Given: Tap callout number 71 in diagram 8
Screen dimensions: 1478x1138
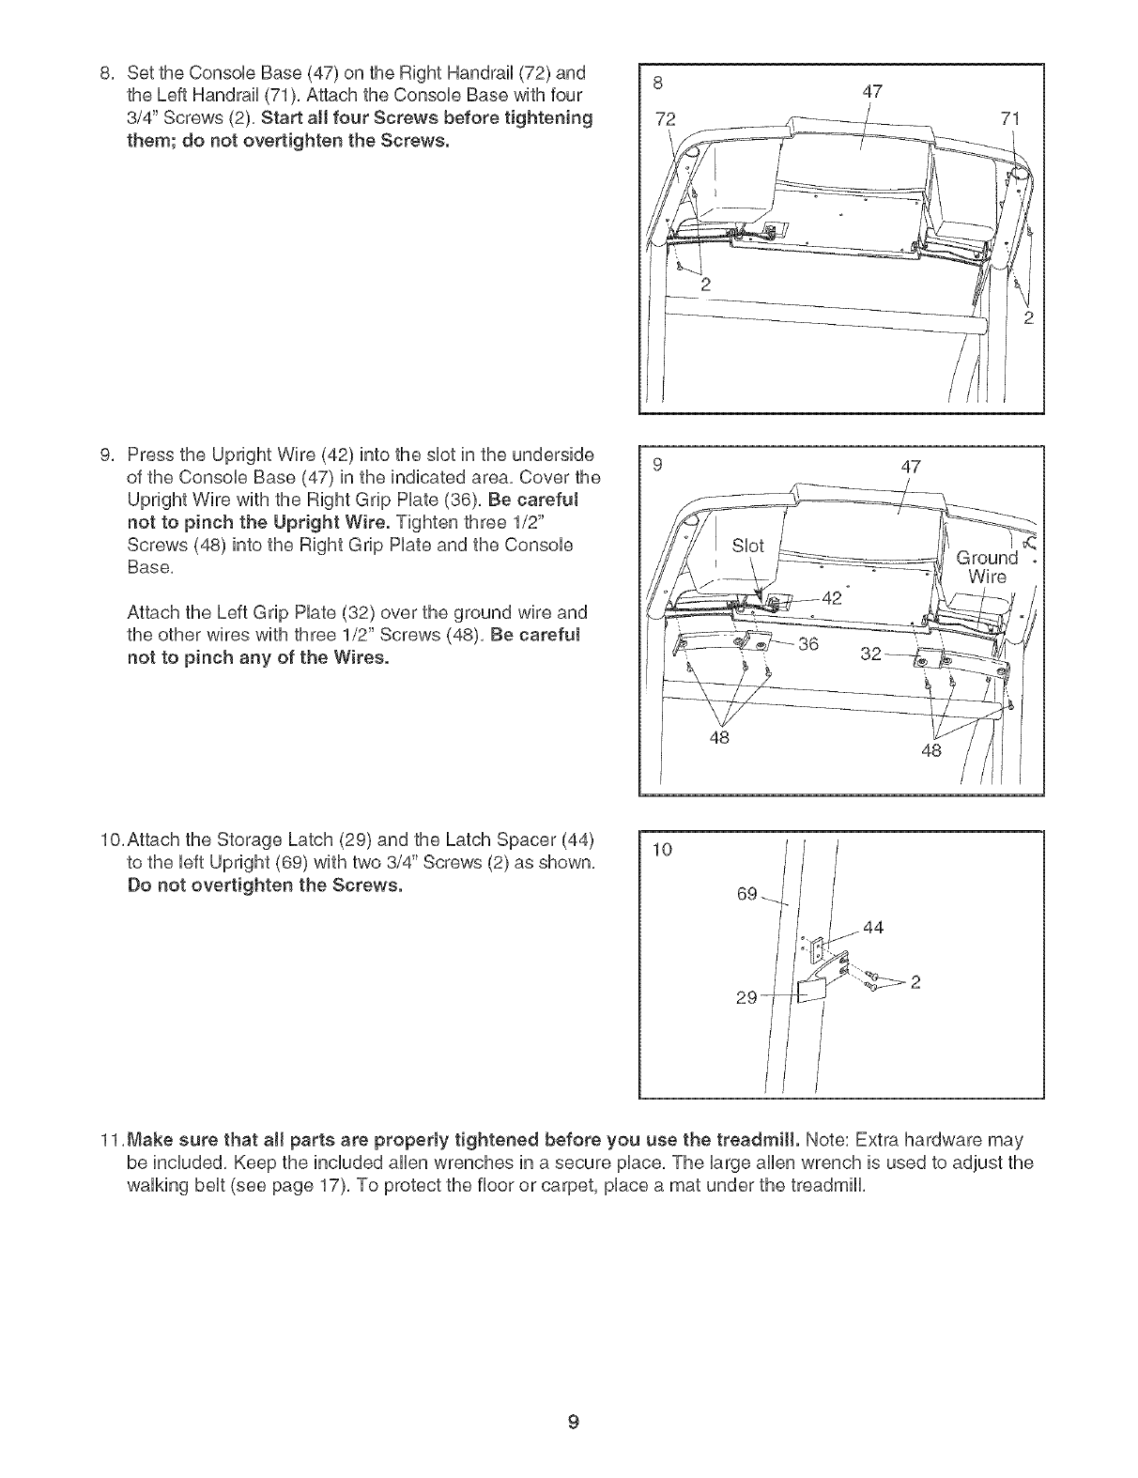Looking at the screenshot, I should click(x=1010, y=118).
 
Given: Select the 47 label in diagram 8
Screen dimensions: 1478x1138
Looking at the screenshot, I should click(x=872, y=92).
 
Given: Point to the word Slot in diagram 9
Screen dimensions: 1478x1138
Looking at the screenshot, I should click(x=747, y=546).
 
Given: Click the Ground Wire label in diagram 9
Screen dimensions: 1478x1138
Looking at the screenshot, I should click(x=987, y=566).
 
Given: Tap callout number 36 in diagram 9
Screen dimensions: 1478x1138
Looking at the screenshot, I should click(x=807, y=643).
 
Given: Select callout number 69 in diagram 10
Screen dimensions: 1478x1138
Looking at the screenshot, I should click(x=747, y=893).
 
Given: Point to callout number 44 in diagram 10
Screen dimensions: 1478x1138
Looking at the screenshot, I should click(x=873, y=928).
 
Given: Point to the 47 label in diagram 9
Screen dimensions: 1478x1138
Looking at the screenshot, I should click(x=910, y=467).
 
